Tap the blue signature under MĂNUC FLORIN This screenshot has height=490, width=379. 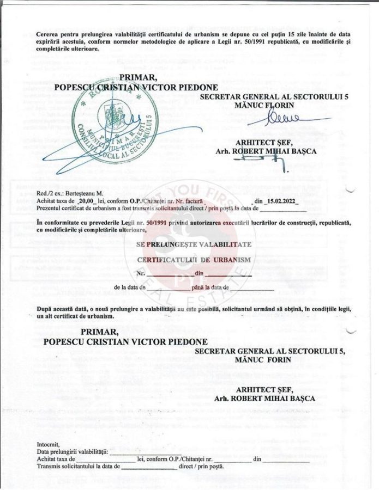(284, 118)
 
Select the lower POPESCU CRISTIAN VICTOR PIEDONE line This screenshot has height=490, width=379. (125, 342)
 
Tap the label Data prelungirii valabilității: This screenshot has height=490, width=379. (73, 452)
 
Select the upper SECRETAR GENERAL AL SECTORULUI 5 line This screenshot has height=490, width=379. (274, 96)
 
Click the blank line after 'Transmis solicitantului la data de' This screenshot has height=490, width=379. (149, 468)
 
